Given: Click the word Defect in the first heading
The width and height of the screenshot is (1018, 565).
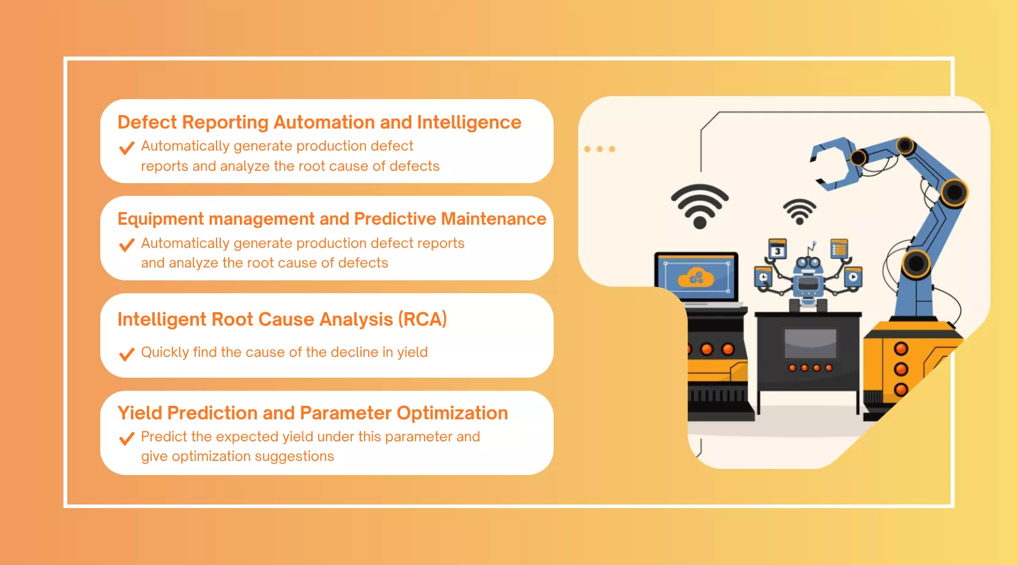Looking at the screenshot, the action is coord(147,122).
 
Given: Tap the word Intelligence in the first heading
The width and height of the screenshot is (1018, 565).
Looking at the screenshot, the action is coord(469,123).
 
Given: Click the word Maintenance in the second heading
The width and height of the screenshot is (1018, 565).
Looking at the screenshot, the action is coord(494,219).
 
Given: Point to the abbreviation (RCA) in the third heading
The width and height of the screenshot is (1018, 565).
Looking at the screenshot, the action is coord(423,320).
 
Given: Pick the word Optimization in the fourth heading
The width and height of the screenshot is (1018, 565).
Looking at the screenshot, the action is coord(452,414).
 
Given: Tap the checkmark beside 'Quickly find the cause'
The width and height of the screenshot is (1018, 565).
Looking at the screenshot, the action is coord(127,353).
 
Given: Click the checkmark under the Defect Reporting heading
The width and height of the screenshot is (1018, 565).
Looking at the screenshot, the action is coord(127,148).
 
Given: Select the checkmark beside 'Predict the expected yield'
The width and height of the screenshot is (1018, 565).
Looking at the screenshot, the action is coord(127,438).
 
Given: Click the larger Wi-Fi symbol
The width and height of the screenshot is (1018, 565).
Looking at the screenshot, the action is coord(700,206).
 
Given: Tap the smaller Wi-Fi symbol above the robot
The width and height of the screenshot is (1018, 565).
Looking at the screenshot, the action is coord(800,212).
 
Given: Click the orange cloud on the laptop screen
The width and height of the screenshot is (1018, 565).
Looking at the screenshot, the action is coord(696,277).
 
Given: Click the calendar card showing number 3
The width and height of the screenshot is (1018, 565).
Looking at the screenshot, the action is coord(777,249).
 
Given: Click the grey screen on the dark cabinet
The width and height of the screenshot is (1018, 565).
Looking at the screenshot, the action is coord(810,343).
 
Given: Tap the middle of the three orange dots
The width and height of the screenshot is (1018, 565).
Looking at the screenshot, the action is coord(600,149).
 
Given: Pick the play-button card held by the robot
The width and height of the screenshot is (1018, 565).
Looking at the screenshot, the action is coord(853,277).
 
